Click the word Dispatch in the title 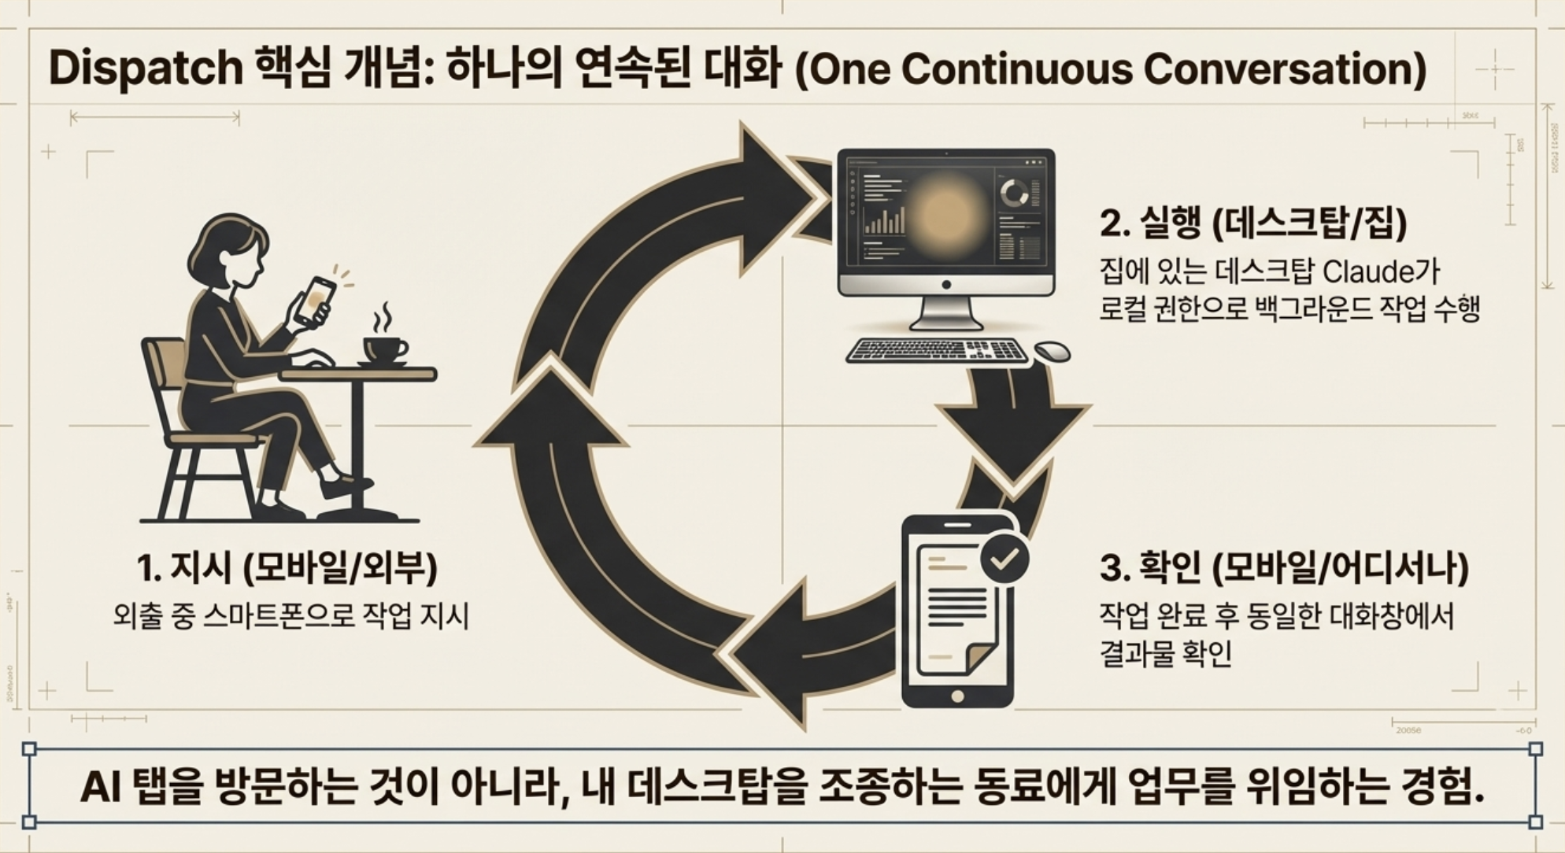point(146,68)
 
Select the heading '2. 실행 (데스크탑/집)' point(1252,225)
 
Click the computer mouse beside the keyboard point(1052,352)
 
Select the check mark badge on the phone point(1004,559)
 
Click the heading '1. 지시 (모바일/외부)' point(287,567)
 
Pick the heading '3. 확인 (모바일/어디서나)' point(1284,568)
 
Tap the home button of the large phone point(957,696)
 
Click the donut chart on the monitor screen point(1014,194)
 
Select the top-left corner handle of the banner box point(29,748)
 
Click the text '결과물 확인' point(1165,654)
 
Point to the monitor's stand point(945,314)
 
